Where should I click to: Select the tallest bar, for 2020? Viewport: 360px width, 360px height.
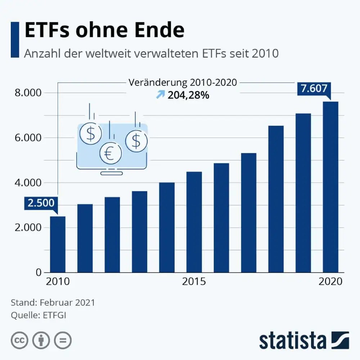tap(330, 187)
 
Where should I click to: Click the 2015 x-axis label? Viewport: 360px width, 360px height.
tap(194, 282)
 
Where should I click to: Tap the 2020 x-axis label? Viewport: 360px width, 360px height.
tap(330, 282)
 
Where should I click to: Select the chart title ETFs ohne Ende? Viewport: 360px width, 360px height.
tap(104, 31)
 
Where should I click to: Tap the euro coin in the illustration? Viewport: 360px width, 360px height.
tap(111, 153)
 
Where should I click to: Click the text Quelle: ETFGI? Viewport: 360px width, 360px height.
tap(39, 315)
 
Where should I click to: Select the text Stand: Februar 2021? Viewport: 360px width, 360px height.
tap(53, 302)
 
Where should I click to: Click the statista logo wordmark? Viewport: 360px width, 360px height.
tap(292, 340)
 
